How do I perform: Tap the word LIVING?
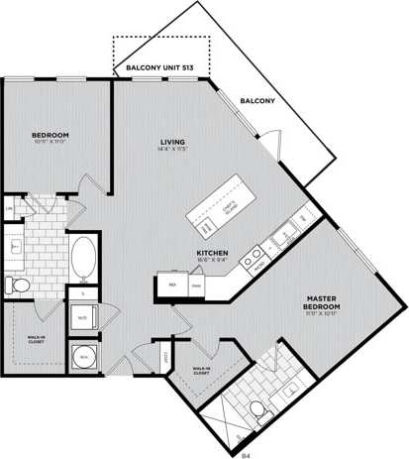coord(174,142)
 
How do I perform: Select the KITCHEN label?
coord(213,254)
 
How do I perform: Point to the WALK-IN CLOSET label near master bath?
coord(205,372)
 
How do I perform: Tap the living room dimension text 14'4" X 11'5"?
coord(174,151)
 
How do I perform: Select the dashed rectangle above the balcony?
coord(160,51)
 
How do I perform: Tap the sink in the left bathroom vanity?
coord(16,245)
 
